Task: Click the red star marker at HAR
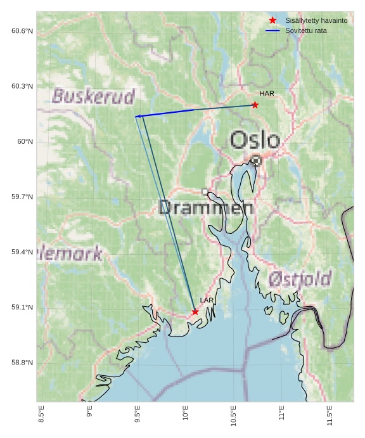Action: tap(255, 105)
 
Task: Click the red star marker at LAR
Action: tap(195, 312)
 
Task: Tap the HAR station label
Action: tap(267, 94)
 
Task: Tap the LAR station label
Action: tap(207, 300)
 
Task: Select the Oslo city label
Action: tap(255, 140)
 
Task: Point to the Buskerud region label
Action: tap(93, 96)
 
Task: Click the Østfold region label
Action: tap(299, 279)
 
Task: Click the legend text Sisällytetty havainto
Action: tap(316, 21)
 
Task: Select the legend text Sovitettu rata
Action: tap(306, 30)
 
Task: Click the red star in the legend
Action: tap(272, 21)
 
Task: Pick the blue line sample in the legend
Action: tap(272, 30)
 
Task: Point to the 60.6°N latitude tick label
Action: tap(22, 31)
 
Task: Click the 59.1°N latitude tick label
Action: tap(22, 308)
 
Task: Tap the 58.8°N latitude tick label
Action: tap(22, 363)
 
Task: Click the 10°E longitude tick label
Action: tap(186, 416)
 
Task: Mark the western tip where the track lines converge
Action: tap(136, 117)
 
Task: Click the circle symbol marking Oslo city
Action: tap(255, 160)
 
